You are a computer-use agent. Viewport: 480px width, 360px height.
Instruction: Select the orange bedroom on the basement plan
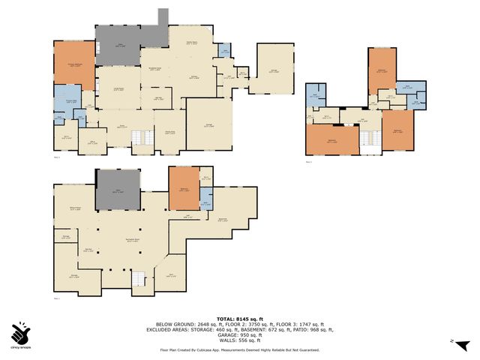(183, 188)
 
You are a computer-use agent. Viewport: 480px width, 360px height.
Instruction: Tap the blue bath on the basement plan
(206, 196)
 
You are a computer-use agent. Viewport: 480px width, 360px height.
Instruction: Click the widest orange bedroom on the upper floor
(331, 139)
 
